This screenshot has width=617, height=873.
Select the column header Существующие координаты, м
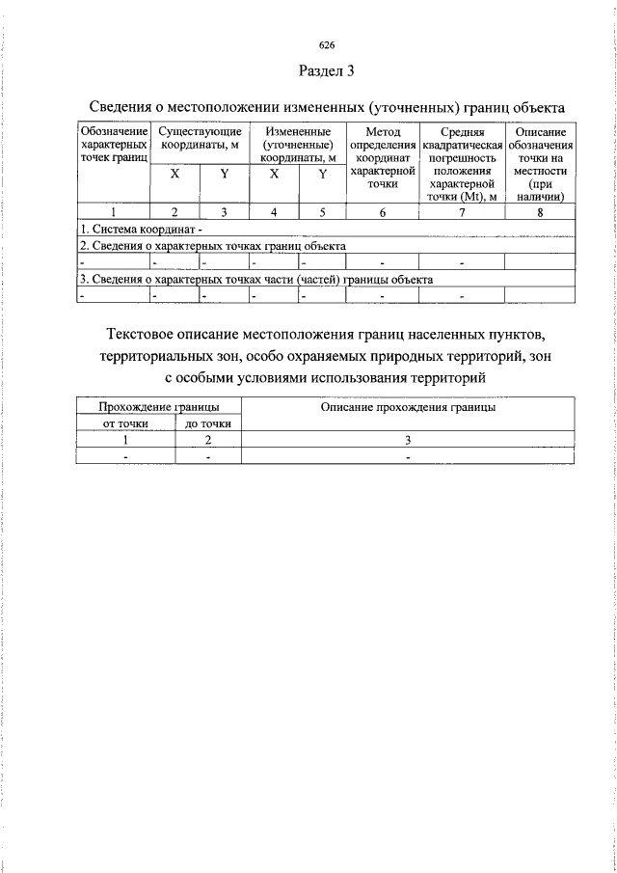pyautogui.click(x=199, y=138)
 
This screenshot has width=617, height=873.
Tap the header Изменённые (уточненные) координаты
pyautogui.click(x=298, y=145)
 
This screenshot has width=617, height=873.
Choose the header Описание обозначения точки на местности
pyautogui.click(x=540, y=164)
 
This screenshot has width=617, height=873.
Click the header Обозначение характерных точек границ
pyautogui.click(x=114, y=145)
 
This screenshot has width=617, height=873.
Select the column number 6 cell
pyautogui.click(x=383, y=213)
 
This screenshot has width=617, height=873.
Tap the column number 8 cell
pyautogui.click(x=540, y=213)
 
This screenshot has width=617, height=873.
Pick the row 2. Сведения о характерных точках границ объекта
pyautogui.click(x=212, y=246)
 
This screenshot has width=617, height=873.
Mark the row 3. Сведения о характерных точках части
pyautogui.click(x=255, y=279)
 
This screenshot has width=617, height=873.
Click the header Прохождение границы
pyautogui.click(x=159, y=408)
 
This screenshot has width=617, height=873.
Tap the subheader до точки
pyautogui.click(x=207, y=423)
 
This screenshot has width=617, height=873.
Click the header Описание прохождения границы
pyautogui.click(x=408, y=408)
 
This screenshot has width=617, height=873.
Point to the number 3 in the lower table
pyautogui.click(x=408, y=440)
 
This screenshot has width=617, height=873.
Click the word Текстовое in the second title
pyautogui.click(x=148, y=335)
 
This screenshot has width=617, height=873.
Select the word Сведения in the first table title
pyautogui.click(x=121, y=106)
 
